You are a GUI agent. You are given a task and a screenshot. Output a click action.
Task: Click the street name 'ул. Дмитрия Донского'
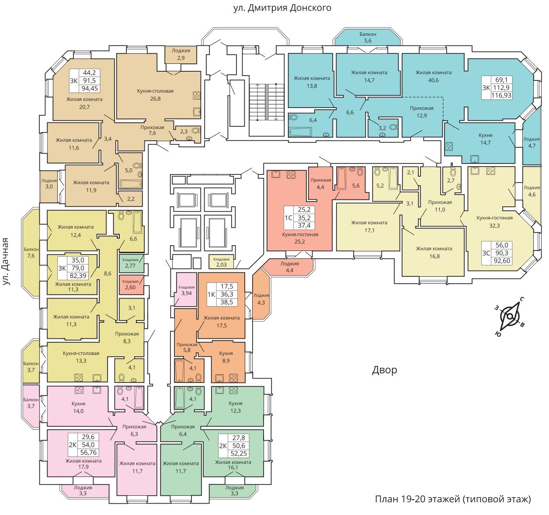pyautogui.click(x=282, y=8)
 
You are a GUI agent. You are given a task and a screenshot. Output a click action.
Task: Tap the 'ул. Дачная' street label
pyautogui.click(x=6, y=261)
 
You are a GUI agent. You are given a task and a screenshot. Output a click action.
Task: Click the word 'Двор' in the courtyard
pyautogui.click(x=384, y=369)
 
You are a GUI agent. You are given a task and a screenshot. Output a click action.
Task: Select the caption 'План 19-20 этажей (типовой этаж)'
pyautogui.click(x=453, y=499)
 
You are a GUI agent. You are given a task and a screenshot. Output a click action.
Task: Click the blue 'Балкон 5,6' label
pyautogui.click(x=368, y=37)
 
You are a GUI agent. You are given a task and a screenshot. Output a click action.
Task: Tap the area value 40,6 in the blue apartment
pyautogui.click(x=433, y=80)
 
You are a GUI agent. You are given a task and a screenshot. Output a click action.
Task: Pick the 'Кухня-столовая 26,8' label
pyautogui.click(x=155, y=94)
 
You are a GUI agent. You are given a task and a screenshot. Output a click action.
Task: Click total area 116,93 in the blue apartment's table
pyautogui.click(x=501, y=96)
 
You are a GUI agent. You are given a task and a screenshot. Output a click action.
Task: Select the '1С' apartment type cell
pyautogui.click(x=288, y=218)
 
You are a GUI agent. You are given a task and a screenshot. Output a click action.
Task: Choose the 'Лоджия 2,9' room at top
pyautogui.click(x=181, y=55)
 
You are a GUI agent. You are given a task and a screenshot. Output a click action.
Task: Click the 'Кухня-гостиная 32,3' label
pyautogui.click(x=494, y=222)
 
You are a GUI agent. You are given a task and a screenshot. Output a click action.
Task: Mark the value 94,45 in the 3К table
pyautogui.click(x=90, y=88)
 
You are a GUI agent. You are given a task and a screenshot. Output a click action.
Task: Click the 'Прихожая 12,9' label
pyautogui.click(x=421, y=112)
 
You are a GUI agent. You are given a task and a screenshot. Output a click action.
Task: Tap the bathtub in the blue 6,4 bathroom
pyautogui.click(x=300, y=132)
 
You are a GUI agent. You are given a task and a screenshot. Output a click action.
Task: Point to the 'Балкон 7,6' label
pyautogui.click(x=31, y=253)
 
